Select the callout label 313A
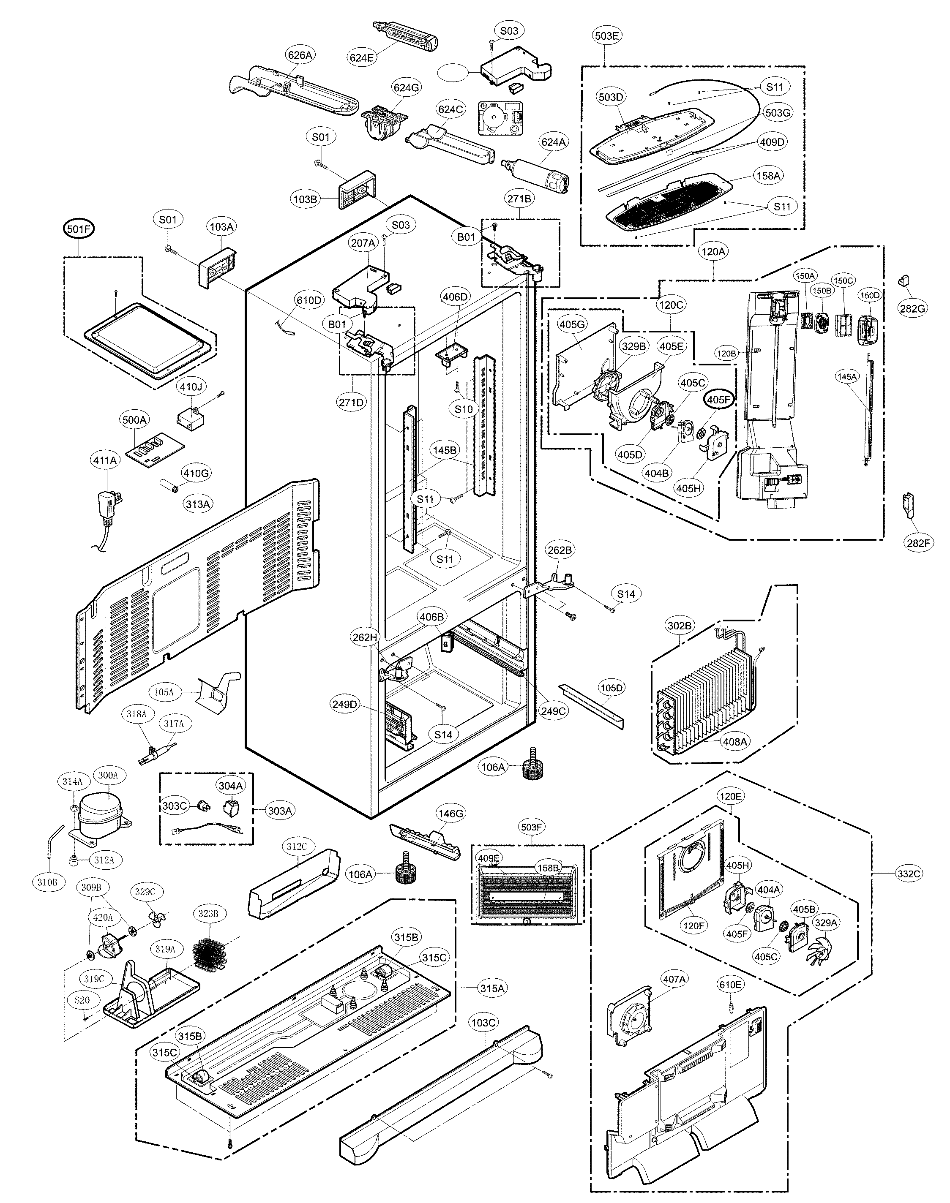coord(198,504)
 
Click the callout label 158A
coord(768,176)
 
